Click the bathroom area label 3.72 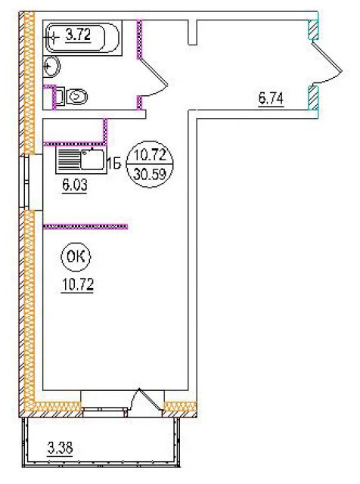click(x=79, y=35)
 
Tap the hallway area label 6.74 click(x=271, y=99)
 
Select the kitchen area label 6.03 click(x=75, y=185)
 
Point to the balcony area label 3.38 click(x=61, y=448)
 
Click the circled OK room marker click(x=76, y=257)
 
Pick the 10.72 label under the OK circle click(x=78, y=284)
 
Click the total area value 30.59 click(x=150, y=175)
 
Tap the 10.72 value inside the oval click(x=150, y=154)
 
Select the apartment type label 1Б click(x=114, y=165)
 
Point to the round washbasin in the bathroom click(x=51, y=67)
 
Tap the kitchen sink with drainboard click(x=81, y=160)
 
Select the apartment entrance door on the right click(x=327, y=64)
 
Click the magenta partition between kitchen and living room click(x=85, y=227)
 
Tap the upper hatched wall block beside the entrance click(x=313, y=30)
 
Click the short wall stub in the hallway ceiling click(x=192, y=32)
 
